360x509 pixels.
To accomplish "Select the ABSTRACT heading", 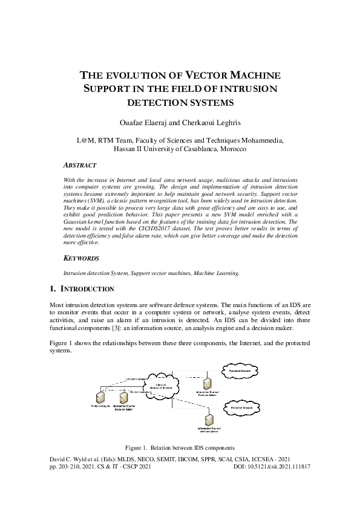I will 80,165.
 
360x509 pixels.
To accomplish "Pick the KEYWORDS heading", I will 81,258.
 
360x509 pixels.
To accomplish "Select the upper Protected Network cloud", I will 241,368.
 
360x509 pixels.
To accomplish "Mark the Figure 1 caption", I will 180,448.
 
